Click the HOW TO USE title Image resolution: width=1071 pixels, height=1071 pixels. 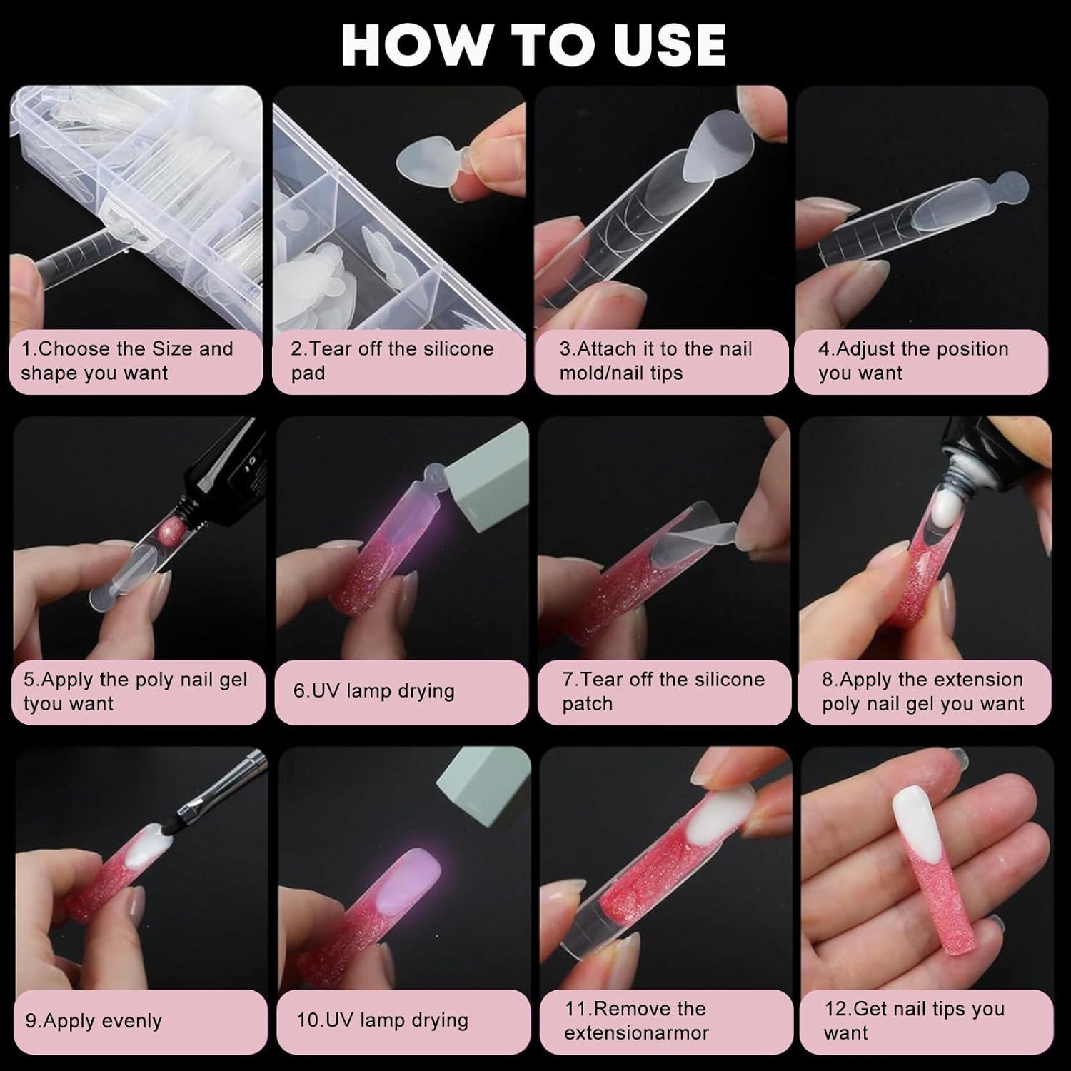click(x=534, y=44)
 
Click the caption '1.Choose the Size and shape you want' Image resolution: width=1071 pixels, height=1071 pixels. click(x=127, y=361)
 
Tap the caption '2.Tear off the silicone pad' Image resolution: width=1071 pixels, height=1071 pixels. click(x=392, y=361)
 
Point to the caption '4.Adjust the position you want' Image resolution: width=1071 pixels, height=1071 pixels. click(x=913, y=361)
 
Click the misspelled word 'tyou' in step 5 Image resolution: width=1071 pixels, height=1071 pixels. click(x=40, y=704)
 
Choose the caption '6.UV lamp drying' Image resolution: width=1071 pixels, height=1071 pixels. click(x=373, y=691)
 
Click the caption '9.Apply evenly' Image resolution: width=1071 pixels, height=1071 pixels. click(x=94, y=1021)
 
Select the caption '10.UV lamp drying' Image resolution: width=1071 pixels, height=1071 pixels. click(x=382, y=1020)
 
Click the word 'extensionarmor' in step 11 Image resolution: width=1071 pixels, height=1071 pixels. click(x=636, y=1033)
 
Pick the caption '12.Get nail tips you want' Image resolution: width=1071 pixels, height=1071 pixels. click(x=914, y=1021)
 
